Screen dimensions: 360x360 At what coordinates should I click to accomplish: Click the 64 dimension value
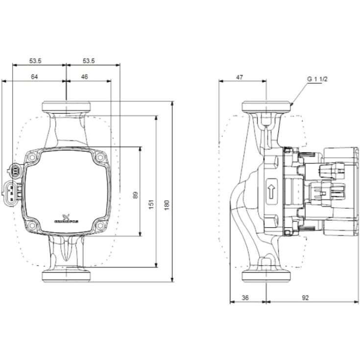tap(34, 77)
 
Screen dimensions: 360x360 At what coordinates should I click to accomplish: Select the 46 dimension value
tap(85, 77)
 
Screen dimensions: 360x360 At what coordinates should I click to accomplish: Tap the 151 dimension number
tap(151, 203)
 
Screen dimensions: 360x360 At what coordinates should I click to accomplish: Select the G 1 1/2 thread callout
tap(317, 78)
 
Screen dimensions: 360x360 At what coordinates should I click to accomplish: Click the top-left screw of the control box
tap(33, 158)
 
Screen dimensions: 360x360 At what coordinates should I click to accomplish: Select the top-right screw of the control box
tap(100, 158)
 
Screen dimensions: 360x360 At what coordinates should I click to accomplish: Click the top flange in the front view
tap(67, 106)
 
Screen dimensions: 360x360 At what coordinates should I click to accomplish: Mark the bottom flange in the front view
tap(67, 276)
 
